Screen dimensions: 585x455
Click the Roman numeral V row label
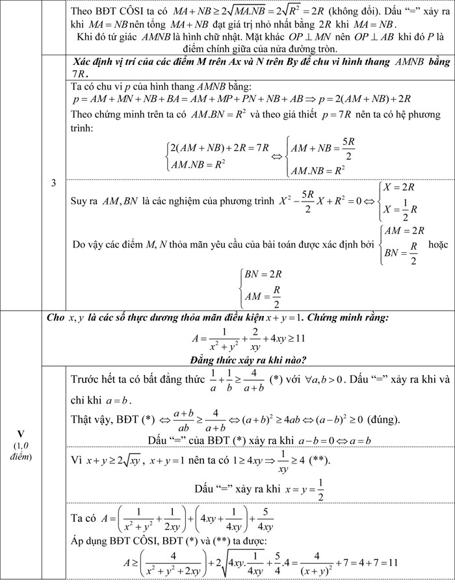pos(20,433)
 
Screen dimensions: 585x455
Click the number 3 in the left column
pos(53,184)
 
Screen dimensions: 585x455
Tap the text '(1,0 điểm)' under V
pos(20,449)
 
